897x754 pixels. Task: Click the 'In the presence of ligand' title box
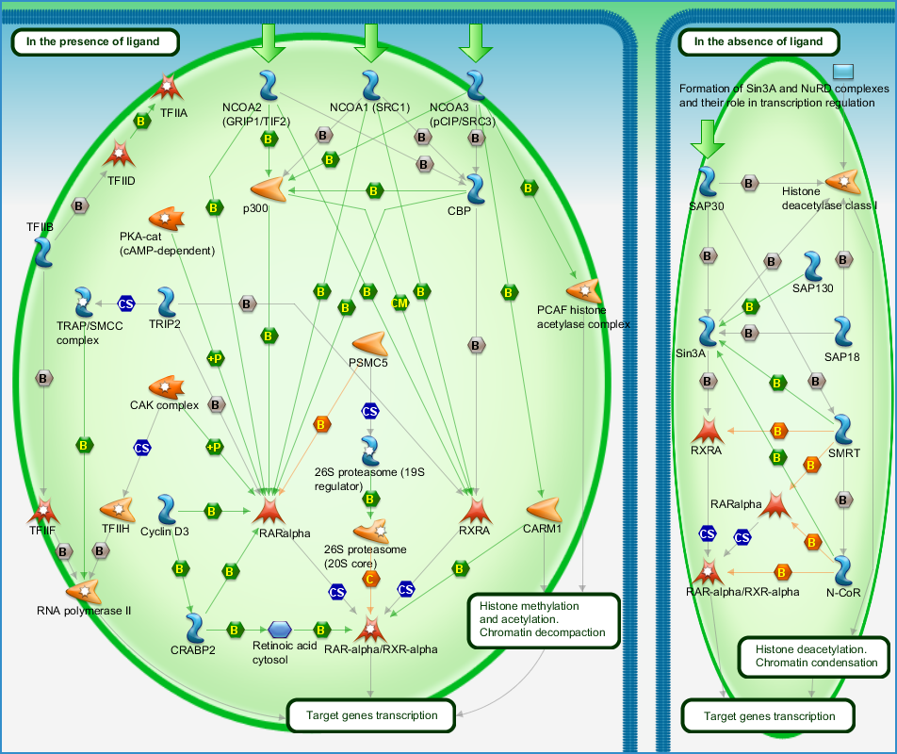[x=95, y=41]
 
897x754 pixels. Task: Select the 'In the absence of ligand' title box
[x=758, y=41]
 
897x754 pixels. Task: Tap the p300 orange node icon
[x=268, y=188]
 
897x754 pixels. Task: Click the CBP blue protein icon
[x=476, y=189]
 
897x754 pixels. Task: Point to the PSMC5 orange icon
[x=370, y=343]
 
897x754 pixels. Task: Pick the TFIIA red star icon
[x=167, y=87]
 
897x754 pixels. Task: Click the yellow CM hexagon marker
[x=400, y=303]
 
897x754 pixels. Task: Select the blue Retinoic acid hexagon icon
[x=280, y=630]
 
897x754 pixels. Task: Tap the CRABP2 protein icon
[x=194, y=628]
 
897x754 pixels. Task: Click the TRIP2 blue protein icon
[x=167, y=302]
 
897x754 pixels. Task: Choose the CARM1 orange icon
[x=544, y=509]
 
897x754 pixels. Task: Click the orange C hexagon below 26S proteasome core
[x=370, y=580]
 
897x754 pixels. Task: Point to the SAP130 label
[x=812, y=288]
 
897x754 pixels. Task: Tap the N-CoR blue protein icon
[x=843, y=570]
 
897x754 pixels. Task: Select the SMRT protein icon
[x=843, y=430]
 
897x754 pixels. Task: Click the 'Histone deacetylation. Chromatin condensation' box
[x=813, y=657]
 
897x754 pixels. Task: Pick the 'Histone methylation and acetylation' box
[x=544, y=621]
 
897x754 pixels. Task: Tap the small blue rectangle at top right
[x=843, y=72]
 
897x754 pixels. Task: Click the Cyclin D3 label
[x=165, y=532]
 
